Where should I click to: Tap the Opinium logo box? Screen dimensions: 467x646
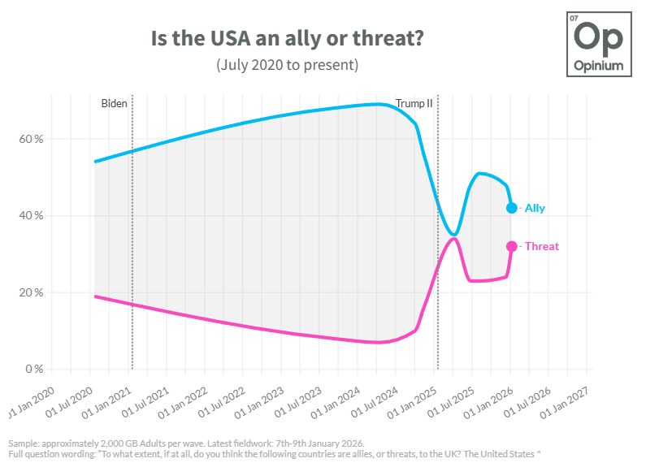(x=600, y=45)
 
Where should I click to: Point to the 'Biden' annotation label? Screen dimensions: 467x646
(x=114, y=103)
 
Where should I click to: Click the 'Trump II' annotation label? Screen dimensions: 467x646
(x=414, y=103)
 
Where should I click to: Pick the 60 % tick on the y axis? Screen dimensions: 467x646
(x=32, y=139)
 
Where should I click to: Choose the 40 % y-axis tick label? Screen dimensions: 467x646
(x=32, y=215)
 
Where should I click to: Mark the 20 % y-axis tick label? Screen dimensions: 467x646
(x=32, y=292)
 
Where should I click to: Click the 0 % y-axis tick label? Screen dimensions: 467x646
(x=35, y=369)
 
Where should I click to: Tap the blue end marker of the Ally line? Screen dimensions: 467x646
(x=512, y=208)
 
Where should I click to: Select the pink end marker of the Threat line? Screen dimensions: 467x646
(x=512, y=246)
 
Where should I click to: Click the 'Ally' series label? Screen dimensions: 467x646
(x=535, y=208)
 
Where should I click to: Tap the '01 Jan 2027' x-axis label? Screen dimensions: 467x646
(x=569, y=396)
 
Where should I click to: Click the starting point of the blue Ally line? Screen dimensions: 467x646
(x=95, y=162)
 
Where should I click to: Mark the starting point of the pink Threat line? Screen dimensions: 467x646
(x=95, y=296)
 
